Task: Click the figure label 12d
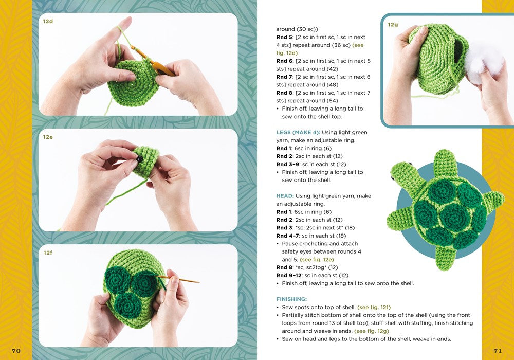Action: coord(48,21)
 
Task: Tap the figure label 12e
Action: coord(48,137)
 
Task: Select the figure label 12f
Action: coord(48,253)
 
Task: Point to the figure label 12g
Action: coord(393,25)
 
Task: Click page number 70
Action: coord(16,351)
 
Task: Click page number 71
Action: coord(498,351)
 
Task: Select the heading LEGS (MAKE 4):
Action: coord(298,133)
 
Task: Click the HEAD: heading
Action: coord(285,196)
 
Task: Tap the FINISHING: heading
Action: coord(291,299)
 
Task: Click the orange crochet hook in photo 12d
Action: coord(154,62)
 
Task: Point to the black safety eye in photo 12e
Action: coord(140,159)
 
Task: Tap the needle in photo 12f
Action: coord(177,279)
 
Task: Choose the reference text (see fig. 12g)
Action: coord(372,331)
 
